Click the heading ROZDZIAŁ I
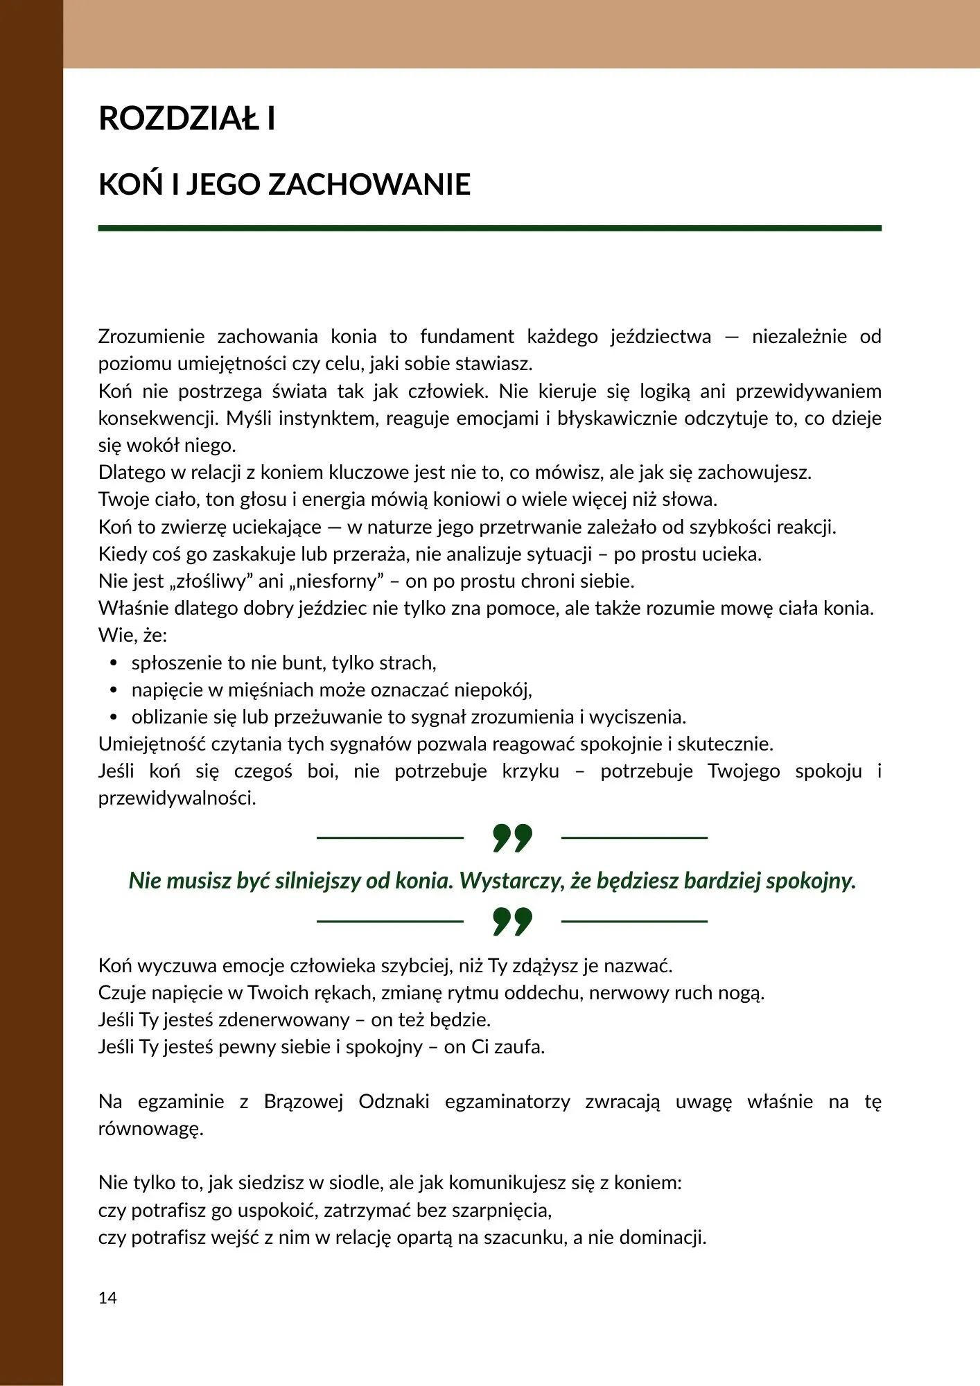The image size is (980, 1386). coord(187,119)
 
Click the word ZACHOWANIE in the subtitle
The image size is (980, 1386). coord(369,185)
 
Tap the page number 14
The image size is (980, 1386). coord(107,1298)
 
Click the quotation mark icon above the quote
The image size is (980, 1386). coord(512,838)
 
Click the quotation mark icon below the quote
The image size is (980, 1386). coord(512,921)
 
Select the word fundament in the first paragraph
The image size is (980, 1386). coord(467,337)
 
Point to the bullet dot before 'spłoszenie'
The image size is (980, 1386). coord(114,663)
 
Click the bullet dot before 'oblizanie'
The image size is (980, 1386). coord(114,717)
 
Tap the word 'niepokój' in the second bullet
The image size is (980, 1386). coord(493,690)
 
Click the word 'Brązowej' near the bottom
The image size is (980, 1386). coord(304,1101)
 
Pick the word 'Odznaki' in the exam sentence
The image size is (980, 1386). coord(394,1101)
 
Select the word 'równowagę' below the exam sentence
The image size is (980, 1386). coord(150,1129)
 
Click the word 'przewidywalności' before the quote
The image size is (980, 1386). coord(177,798)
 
